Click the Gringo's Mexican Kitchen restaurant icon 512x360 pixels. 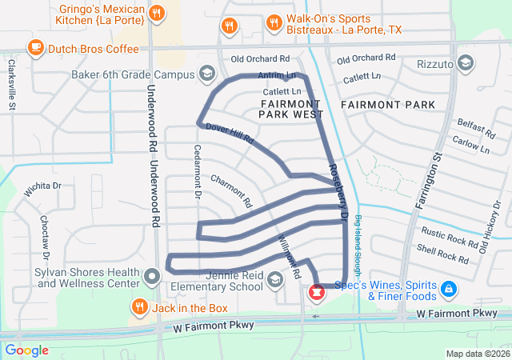point(157,13)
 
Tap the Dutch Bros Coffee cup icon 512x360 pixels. point(36,48)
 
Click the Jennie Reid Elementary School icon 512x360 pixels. point(275,278)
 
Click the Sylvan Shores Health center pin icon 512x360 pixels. point(153,278)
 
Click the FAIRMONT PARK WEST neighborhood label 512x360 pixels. point(290,110)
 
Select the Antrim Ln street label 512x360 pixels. point(277,75)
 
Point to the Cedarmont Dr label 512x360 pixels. point(197,171)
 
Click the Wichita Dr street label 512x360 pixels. point(43,186)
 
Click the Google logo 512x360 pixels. point(27,350)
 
